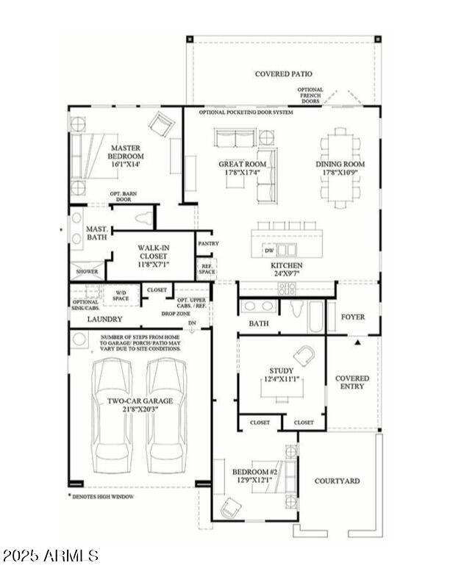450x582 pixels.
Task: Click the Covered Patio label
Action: tap(283, 74)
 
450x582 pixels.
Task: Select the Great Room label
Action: tap(241, 165)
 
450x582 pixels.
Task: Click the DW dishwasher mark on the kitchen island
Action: tap(268, 251)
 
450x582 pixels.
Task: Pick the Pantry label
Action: tap(208, 243)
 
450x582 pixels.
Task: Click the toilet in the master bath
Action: tap(143, 218)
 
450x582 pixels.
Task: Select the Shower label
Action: tap(87, 271)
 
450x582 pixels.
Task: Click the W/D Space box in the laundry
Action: tap(120, 296)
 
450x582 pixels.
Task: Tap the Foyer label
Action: tap(352, 317)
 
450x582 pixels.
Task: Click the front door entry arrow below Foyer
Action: tap(358, 342)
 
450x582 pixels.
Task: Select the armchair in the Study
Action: tap(303, 356)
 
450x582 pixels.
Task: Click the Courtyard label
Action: tap(337, 481)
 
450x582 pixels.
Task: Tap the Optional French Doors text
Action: tap(310, 96)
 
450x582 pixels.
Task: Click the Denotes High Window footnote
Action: tap(112, 497)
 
